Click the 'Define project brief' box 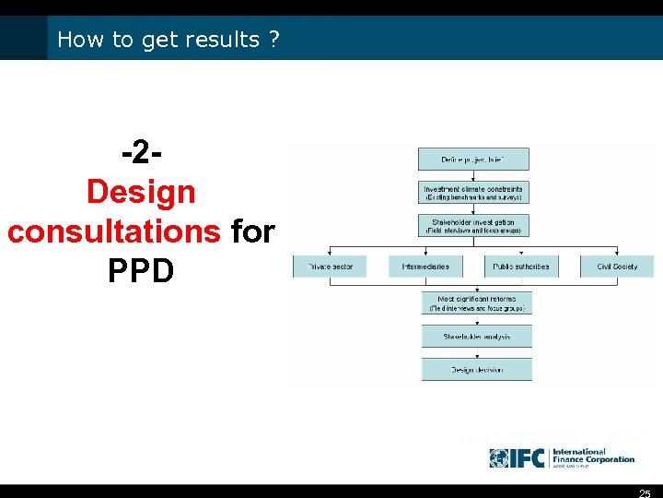pyautogui.click(x=473, y=159)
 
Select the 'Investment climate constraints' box pyautogui.click(x=473, y=193)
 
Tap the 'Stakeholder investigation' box pyautogui.click(x=473, y=225)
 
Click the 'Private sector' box pyautogui.click(x=329, y=267)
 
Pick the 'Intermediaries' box pyautogui.click(x=425, y=267)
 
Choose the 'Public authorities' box pyautogui.click(x=521, y=267)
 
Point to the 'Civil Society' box pyautogui.click(x=617, y=267)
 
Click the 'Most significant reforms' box pyautogui.click(x=477, y=303)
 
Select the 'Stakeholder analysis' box pyautogui.click(x=477, y=337)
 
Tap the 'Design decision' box pyautogui.click(x=477, y=370)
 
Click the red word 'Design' pyautogui.click(x=141, y=193)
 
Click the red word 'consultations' pyautogui.click(x=113, y=231)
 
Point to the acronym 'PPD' pyautogui.click(x=141, y=270)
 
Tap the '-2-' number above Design pyautogui.click(x=142, y=153)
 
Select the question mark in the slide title pyautogui.click(x=274, y=40)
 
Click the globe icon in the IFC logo pyautogui.click(x=499, y=458)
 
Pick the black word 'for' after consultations pyautogui.click(x=253, y=231)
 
